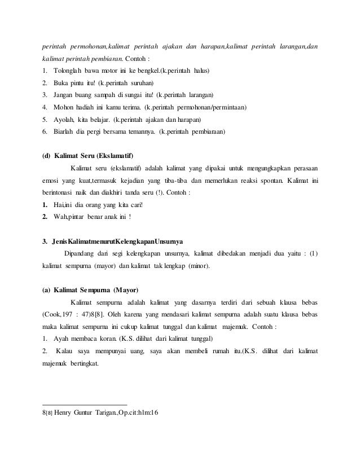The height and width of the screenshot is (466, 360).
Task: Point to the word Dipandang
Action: click(x=81, y=253)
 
